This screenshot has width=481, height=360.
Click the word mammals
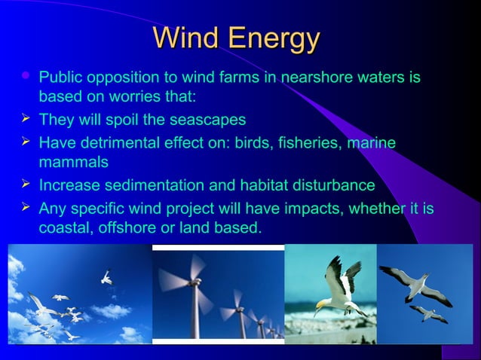(x=73, y=163)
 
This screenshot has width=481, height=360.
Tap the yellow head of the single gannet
(x=323, y=304)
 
